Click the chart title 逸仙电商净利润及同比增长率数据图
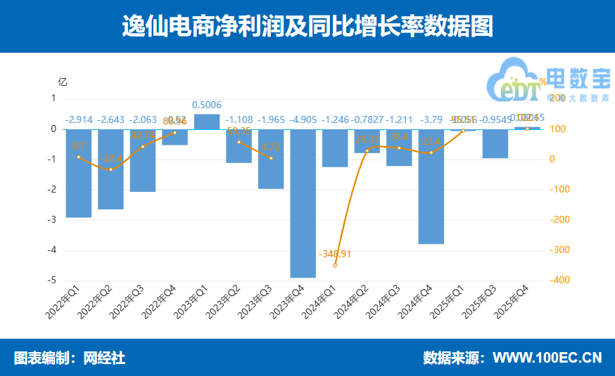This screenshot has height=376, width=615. [x=307, y=27]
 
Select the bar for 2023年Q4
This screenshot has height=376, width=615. [x=303, y=203]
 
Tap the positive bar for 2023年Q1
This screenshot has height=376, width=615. [x=207, y=122]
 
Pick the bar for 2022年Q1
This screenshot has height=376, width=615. [x=79, y=173]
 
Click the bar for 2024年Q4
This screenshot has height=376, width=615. [x=431, y=186]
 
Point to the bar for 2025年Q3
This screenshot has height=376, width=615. [x=495, y=143]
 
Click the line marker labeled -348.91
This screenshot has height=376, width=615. [x=335, y=265]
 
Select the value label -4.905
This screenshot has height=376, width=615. [x=303, y=119]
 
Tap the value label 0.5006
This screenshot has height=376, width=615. [x=207, y=105]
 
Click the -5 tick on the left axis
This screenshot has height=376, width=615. [x=52, y=280]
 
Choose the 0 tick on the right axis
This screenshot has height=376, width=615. [x=551, y=160]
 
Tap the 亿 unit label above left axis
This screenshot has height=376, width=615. [x=62, y=81]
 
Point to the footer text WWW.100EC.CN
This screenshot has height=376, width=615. [x=547, y=358]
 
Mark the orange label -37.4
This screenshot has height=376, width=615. [x=110, y=157]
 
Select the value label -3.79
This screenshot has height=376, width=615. [x=431, y=119]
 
